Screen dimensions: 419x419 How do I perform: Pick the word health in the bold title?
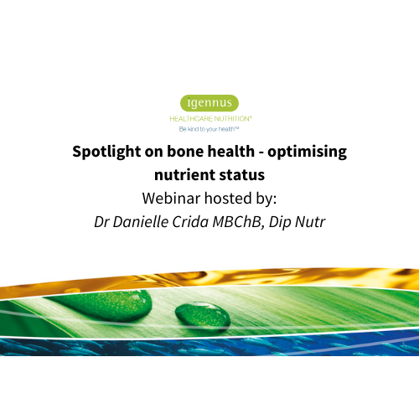click(x=235, y=153)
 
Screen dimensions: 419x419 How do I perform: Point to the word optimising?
click(x=310, y=153)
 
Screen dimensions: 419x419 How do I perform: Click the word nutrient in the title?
click(x=185, y=176)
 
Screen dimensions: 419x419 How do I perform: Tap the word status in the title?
click(x=243, y=176)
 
